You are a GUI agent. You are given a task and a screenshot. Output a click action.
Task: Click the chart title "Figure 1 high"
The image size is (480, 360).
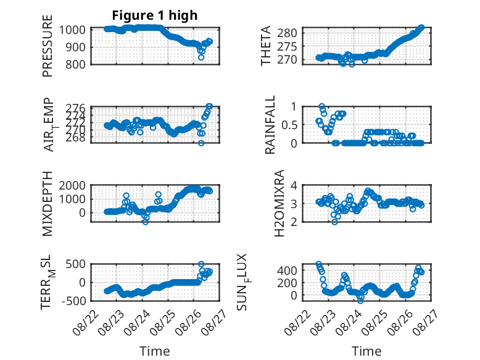[155, 15]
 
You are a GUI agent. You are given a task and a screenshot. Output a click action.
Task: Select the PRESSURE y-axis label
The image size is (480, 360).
[48, 46]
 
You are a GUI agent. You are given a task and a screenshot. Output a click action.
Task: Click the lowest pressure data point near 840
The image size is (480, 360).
[201, 57]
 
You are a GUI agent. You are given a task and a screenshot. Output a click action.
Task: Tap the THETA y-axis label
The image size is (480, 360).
[266, 45]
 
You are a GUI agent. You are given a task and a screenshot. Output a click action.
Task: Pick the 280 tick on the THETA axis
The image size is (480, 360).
[287, 33]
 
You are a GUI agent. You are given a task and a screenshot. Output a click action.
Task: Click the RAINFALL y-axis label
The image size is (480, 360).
[270, 125]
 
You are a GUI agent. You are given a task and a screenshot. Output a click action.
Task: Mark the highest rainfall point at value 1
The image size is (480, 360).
[321, 106]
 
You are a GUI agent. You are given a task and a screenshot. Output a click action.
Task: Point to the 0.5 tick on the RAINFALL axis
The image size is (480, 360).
[289, 125]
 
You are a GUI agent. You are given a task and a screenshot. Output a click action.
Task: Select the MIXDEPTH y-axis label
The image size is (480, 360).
[48, 203]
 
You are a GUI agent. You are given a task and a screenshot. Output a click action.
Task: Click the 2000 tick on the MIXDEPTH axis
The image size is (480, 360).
[72, 185]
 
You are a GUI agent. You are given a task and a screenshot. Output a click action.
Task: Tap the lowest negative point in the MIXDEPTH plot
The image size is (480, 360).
[146, 222]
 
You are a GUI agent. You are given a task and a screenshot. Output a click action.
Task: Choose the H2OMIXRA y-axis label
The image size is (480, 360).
[279, 203]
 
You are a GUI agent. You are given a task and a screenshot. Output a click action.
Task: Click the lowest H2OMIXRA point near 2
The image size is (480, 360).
[334, 222]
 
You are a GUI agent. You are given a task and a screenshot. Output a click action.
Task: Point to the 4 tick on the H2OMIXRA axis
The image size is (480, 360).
[294, 185]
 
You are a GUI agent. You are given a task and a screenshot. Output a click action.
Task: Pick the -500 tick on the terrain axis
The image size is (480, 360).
[74, 301]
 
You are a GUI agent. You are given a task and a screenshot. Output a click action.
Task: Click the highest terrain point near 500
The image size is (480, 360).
[201, 264]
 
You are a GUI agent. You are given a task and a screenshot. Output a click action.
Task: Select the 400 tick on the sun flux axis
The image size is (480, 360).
[287, 270]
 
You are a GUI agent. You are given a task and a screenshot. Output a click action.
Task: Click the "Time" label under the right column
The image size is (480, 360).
[366, 351]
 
